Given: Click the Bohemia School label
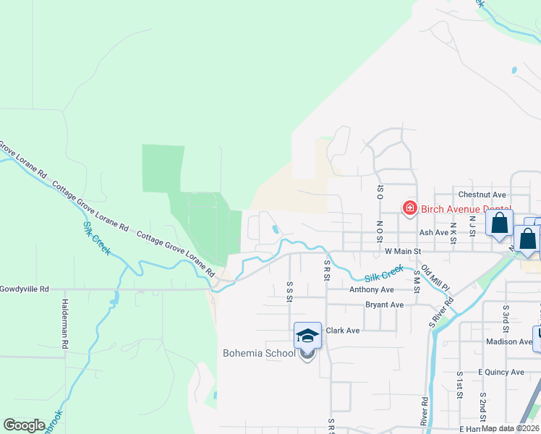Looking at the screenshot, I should [258, 353].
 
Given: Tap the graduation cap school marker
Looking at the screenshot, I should [307, 336].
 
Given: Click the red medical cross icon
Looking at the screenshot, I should [409, 208].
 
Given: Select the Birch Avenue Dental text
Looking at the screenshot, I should [466, 209].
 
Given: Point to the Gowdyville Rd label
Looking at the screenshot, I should [24, 289].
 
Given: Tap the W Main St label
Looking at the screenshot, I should [404, 251].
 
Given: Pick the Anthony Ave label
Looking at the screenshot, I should [372, 289].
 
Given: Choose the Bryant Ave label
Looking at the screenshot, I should [384, 305].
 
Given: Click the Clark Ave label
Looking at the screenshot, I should [343, 331].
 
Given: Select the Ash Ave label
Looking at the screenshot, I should [434, 233].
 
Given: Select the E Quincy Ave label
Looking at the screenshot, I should [500, 372].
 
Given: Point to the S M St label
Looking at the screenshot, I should [417, 285].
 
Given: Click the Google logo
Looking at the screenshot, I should [24, 425].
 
